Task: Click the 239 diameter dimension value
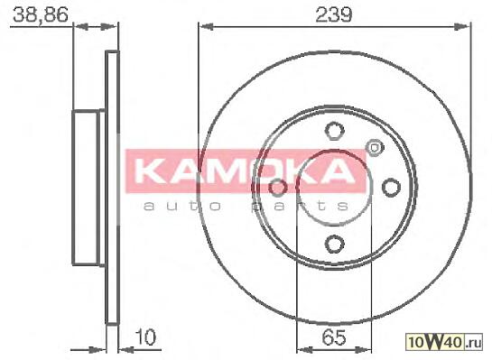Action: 333,14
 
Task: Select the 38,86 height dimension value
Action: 40,14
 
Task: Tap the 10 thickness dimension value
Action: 145,337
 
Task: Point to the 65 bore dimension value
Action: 334,337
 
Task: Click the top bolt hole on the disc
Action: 334,130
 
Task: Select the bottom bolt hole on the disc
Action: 334,245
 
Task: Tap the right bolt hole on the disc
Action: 391,187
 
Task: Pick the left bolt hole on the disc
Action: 277,187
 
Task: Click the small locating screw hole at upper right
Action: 374,147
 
